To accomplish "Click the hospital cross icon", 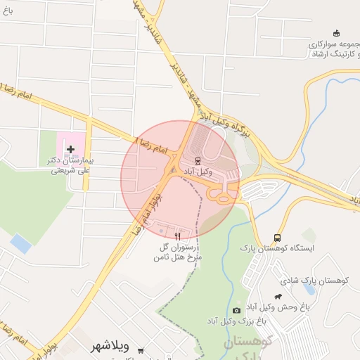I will pyautogui.click(x=70, y=149).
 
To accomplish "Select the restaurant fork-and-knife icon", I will pyautogui.click(x=177, y=237).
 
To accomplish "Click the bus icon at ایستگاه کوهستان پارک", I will pyautogui.click(x=277, y=238).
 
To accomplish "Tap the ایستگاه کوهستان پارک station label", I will pyautogui.click(x=277, y=248).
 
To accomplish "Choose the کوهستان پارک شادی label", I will pyautogui.click(x=324, y=281).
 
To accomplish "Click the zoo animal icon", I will pyautogui.click(x=279, y=296).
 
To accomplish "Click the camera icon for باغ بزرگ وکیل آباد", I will pyautogui.click(x=236, y=310).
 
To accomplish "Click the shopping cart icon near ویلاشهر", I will pyautogui.click(x=141, y=350).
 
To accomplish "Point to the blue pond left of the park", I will pyautogui.click(x=21, y=243).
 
